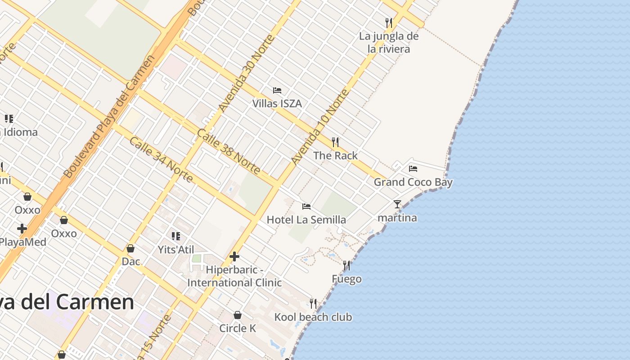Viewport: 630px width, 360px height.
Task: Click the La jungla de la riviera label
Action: [x=389, y=42]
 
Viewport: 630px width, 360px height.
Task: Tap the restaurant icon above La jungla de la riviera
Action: [x=389, y=22]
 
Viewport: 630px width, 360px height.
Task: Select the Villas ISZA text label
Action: [x=277, y=103]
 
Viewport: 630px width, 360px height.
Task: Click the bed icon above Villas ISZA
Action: [x=277, y=90]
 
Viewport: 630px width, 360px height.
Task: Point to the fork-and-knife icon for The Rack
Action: [x=335, y=142]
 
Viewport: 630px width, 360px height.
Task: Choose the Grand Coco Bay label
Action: [x=413, y=182]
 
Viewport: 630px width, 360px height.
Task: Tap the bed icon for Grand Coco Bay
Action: [x=413, y=169]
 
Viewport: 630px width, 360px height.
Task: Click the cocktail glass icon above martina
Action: [x=397, y=204]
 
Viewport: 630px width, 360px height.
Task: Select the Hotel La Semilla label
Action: [x=306, y=220]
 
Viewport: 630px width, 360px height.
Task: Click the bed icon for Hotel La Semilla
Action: [x=306, y=207]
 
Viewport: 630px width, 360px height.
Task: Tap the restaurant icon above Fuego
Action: [x=346, y=265]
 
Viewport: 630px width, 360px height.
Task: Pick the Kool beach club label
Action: [x=313, y=317]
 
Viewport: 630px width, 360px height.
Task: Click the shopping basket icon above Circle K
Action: [x=238, y=315]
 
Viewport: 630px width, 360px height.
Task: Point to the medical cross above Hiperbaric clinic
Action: [x=234, y=256]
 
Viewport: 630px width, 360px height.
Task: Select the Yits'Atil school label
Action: [x=176, y=249]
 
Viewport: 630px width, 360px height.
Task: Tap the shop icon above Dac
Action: [x=130, y=248]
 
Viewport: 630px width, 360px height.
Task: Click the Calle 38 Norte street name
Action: [x=229, y=152]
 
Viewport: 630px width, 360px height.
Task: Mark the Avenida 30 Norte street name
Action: [x=246, y=73]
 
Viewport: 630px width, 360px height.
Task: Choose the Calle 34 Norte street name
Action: [x=161, y=159]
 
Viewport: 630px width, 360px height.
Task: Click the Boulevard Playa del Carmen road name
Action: [x=109, y=117]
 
